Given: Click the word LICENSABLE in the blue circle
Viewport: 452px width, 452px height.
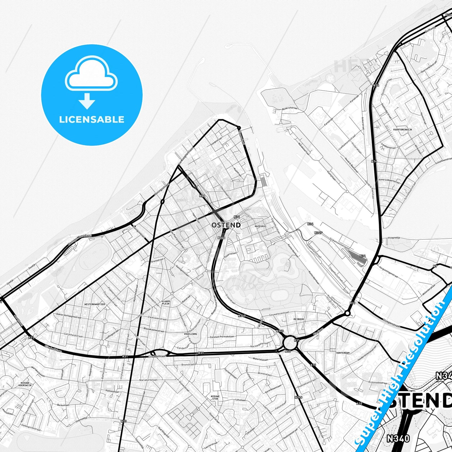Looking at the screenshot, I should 92,119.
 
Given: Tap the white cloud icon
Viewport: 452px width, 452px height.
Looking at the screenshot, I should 91,75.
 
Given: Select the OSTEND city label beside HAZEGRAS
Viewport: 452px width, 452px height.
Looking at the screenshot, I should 226,225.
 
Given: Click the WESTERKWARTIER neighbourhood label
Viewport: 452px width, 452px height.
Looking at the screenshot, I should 94,304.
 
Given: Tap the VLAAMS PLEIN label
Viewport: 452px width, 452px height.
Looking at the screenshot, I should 165,302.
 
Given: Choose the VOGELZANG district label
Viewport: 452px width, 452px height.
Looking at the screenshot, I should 190,334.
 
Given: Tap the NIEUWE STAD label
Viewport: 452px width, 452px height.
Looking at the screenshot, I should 215,398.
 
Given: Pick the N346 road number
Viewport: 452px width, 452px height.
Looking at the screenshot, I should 298,397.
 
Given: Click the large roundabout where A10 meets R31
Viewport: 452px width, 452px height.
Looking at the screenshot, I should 291,343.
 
